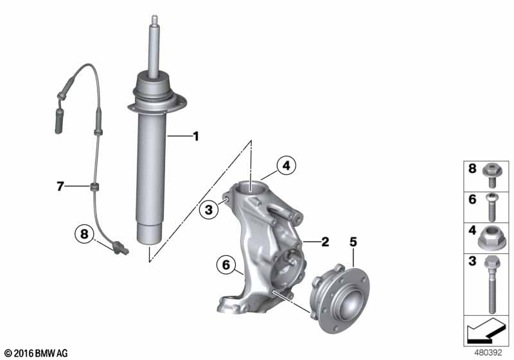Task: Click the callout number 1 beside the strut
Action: point(196,136)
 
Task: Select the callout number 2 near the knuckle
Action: point(324,242)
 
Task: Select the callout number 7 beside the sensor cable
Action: point(60,187)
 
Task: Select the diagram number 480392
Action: point(490,353)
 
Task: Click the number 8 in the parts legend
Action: point(472,169)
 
